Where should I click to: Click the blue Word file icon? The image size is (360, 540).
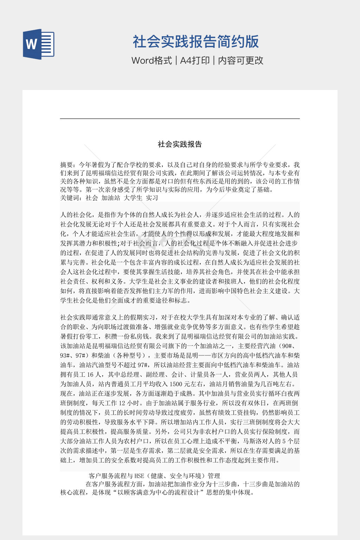[x=39, y=44]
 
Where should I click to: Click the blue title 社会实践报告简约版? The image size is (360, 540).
[x=196, y=41]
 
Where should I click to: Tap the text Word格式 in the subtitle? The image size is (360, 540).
[x=152, y=60]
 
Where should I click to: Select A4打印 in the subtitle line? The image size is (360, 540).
[x=195, y=60]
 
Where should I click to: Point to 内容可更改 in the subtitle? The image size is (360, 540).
[x=241, y=60]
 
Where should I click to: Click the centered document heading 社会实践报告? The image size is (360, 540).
[x=180, y=144]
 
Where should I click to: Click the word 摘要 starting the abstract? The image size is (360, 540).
[x=66, y=165]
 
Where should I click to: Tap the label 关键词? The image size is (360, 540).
[x=70, y=198]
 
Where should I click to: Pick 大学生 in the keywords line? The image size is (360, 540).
[x=133, y=198]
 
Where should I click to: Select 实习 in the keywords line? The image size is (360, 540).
[x=152, y=198]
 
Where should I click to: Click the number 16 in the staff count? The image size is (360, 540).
[x=90, y=375]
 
